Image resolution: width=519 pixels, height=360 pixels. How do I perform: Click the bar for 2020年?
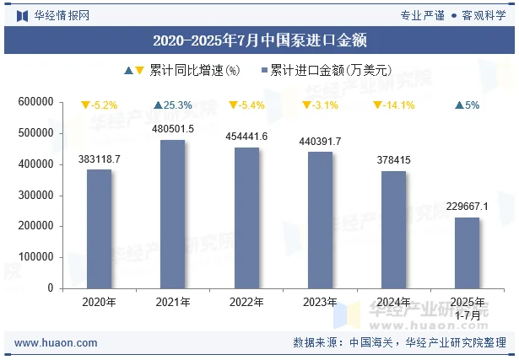click(x=99, y=228)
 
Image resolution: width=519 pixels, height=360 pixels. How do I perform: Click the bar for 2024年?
click(x=393, y=229)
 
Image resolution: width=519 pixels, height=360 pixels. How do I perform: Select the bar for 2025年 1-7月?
click(x=467, y=253)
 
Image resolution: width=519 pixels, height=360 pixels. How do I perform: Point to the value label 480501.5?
click(x=172, y=129)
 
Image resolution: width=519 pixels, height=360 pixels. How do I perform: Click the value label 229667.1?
click(x=467, y=207)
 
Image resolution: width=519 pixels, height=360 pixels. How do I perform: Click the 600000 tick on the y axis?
click(x=36, y=102)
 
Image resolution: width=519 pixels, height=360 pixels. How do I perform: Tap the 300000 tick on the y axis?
click(x=36, y=196)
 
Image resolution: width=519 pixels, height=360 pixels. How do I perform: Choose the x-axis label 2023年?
click(x=320, y=302)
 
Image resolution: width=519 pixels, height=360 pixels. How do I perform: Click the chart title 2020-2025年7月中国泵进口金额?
click(x=259, y=40)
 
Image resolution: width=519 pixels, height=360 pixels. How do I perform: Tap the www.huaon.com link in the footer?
click(x=56, y=343)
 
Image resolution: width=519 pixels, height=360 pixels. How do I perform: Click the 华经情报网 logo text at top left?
click(x=61, y=15)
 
